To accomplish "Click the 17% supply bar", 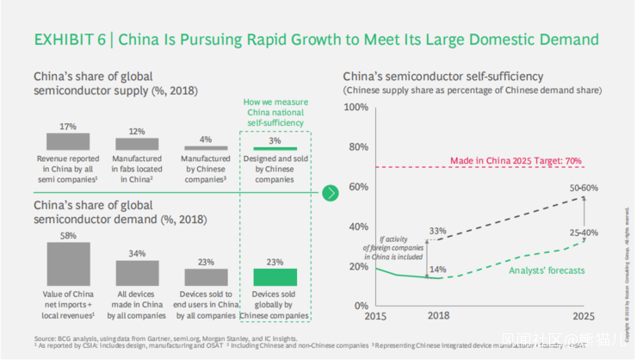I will (68, 142).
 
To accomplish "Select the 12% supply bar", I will (137, 145).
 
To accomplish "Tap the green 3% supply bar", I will (275, 148).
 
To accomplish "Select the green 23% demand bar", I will (275, 276).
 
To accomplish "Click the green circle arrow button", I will (331, 194).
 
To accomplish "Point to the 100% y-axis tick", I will (356, 107).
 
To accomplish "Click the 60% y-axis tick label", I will (357, 187).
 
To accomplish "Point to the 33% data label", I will (437, 231).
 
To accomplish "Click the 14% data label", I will (437, 270).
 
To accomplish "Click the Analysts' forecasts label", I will (546, 270).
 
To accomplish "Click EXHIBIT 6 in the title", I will (71, 40).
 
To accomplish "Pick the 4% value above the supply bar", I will (206, 139).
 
